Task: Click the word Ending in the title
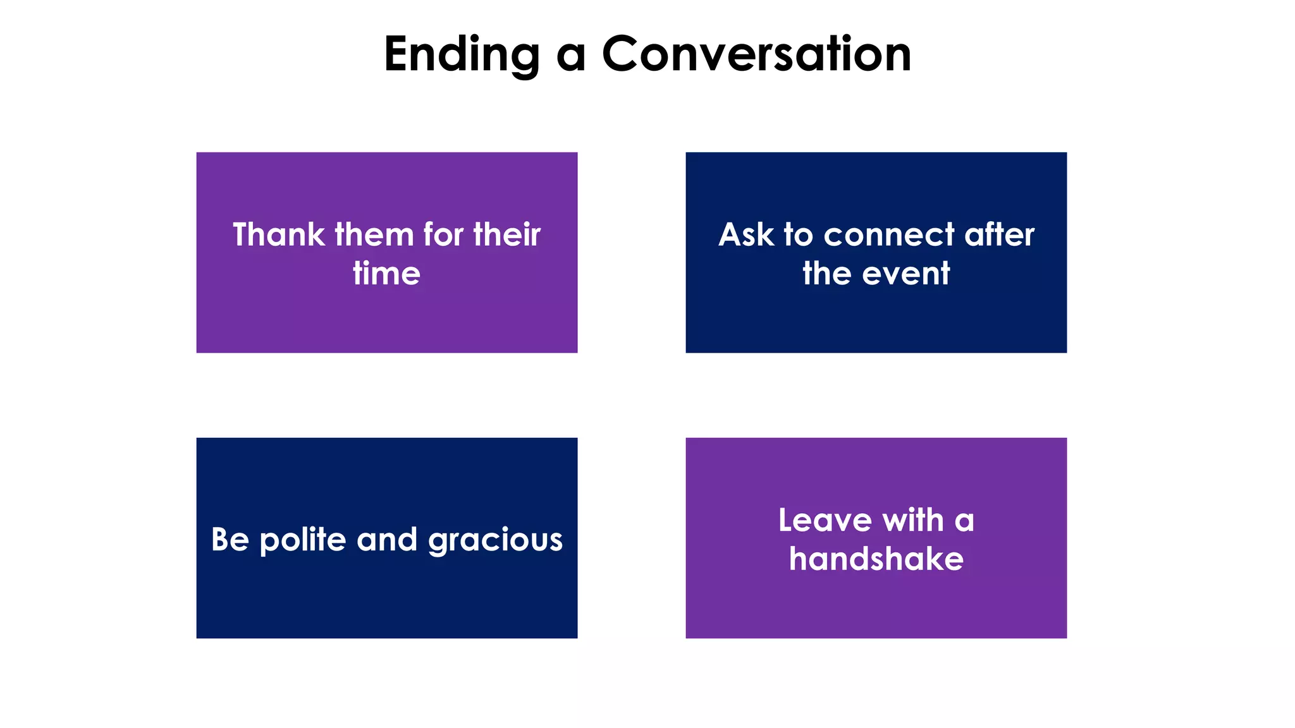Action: click(462, 56)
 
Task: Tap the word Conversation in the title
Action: click(756, 54)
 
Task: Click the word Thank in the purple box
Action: click(278, 235)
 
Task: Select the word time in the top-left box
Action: click(386, 274)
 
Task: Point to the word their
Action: click(506, 235)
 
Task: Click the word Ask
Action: click(746, 235)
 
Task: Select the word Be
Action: click(230, 540)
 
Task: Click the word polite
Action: click(303, 540)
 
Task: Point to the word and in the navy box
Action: click(387, 540)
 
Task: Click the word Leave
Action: click(825, 521)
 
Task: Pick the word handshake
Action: click(876, 560)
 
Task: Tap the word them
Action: click(374, 235)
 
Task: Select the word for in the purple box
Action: click(443, 235)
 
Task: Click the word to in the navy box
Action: click(798, 235)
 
